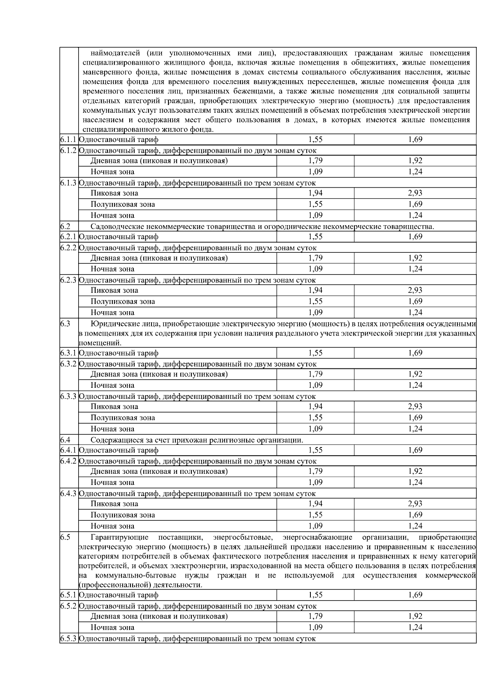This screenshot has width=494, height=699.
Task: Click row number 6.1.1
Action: click(68, 140)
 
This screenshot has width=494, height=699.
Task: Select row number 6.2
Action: click(65, 226)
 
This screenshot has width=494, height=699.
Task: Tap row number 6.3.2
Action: click(68, 364)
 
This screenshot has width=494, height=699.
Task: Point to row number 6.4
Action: click(65, 440)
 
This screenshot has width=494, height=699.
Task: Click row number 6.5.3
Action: click(68, 638)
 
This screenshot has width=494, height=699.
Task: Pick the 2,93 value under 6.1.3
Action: click(415, 193)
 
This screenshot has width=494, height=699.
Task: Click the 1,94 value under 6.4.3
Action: click(315, 503)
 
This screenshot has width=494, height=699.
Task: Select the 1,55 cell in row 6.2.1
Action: click(315, 237)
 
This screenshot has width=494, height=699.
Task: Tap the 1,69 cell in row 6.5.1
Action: click(415, 595)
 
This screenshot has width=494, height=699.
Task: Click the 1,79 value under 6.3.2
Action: click(315, 374)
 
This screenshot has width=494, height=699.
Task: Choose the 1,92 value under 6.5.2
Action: click(415, 616)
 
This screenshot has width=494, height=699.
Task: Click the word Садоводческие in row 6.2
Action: click(114, 226)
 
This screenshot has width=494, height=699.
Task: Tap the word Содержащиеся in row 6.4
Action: click(114, 440)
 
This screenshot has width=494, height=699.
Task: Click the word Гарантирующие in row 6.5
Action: click(119, 537)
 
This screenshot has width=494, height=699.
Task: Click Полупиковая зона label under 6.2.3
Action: click(123, 301)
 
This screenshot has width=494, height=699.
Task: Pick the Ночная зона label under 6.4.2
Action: click(112, 482)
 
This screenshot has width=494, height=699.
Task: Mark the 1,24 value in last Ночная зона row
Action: click(415, 627)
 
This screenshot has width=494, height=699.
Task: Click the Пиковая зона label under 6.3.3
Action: click(114, 407)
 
